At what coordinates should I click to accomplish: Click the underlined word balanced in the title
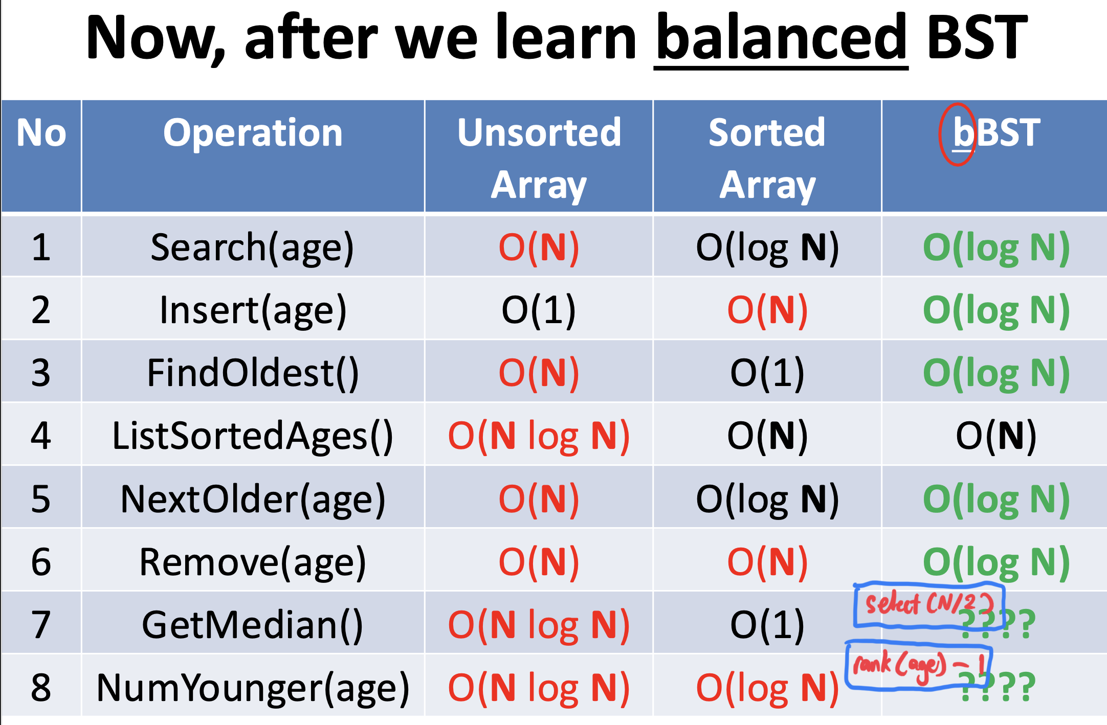(x=781, y=37)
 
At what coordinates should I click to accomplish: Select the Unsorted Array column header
(x=539, y=158)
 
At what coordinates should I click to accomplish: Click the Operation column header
(x=253, y=133)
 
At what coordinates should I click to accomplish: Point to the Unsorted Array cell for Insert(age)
(x=539, y=310)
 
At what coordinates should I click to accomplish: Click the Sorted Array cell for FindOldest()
(x=767, y=373)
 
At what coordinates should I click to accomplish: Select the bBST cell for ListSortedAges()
(x=996, y=436)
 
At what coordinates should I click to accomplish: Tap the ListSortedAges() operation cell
(x=252, y=436)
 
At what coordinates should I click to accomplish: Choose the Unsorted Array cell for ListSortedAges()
(x=539, y=436)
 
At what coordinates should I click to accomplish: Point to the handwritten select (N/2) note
(x=929, y=604)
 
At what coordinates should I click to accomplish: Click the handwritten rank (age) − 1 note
(x=919, y=665)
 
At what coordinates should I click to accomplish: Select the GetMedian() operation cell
(x=252, y=625)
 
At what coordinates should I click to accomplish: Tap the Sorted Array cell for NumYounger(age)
(x=767, y=688)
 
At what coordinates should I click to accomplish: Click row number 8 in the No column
(x=41, y=688)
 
